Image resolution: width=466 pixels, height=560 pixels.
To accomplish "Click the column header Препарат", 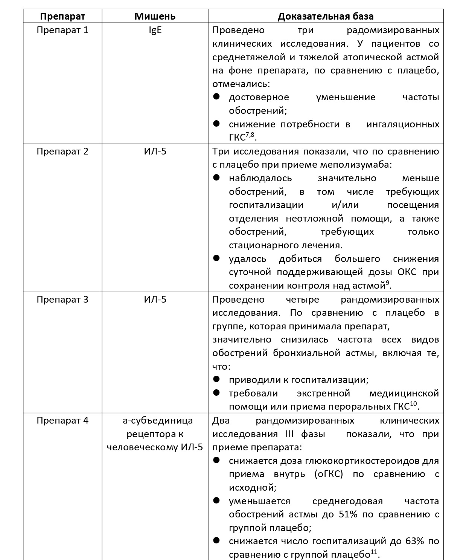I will point(62,17).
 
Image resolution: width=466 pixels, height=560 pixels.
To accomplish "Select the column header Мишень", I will point(155,17).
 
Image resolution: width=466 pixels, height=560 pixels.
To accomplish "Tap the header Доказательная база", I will point(326,17).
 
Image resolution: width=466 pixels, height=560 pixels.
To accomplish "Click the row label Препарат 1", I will point(62,30).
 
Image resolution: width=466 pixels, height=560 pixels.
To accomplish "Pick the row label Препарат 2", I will point(62,151).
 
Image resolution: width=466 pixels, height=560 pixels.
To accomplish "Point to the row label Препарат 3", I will point(62,300).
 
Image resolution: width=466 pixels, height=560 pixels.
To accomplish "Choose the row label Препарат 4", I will point(62,421).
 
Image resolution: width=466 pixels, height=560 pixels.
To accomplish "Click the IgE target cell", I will point(155,30).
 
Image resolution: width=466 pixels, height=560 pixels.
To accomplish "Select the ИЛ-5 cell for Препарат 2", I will point(155,151).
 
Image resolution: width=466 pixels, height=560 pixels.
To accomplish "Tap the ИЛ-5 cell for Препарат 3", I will point(155,300).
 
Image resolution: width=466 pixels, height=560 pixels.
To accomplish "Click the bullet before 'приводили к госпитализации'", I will point(216,379).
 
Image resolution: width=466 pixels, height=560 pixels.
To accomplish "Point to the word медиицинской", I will point(404,393).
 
